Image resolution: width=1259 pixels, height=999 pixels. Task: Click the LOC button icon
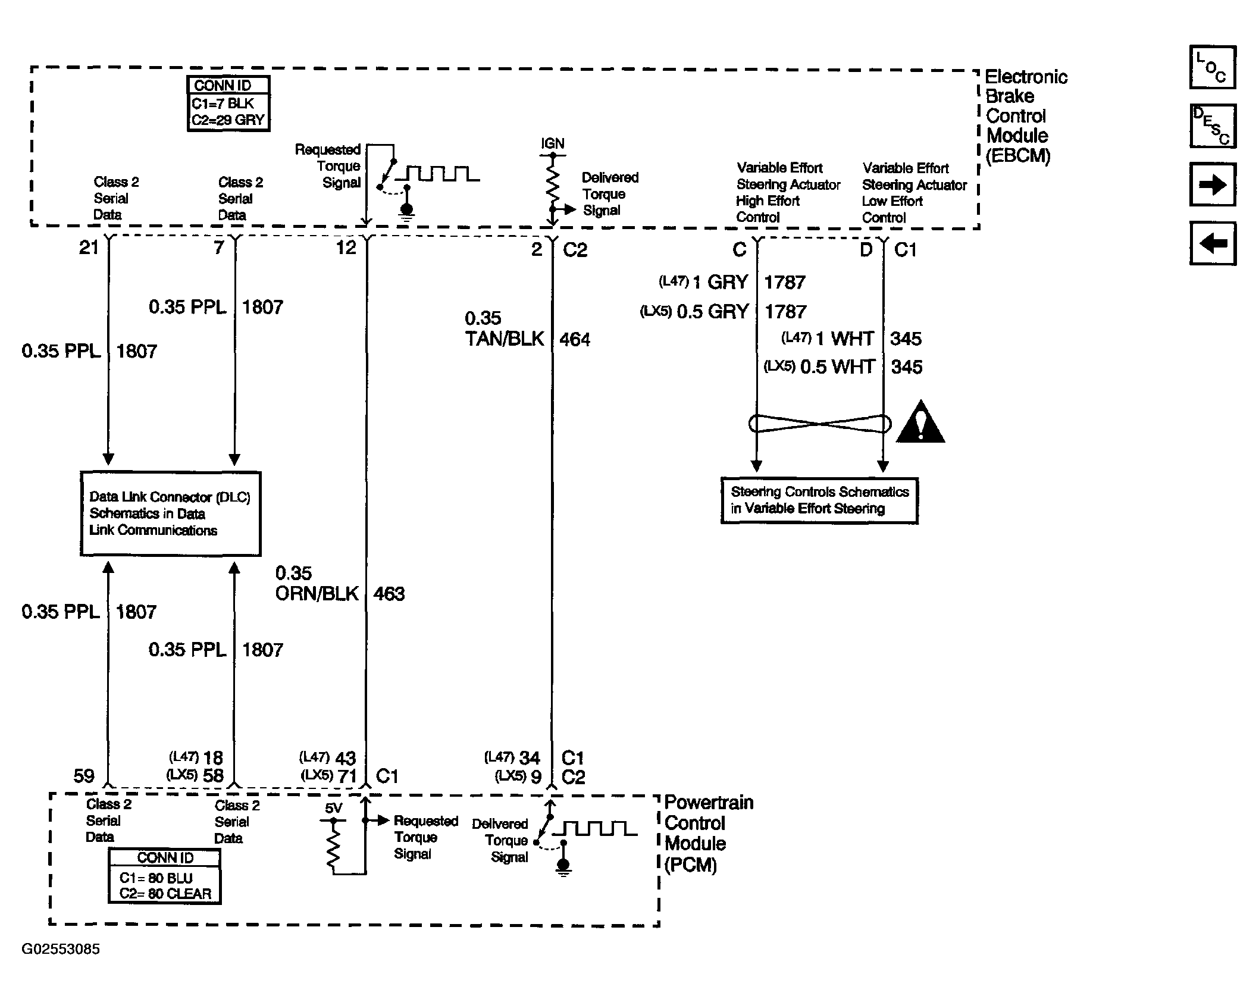(1213, 67)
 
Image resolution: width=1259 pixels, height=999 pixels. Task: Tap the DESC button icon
(1213, 126)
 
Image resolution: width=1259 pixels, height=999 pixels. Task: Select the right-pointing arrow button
(1213, 184)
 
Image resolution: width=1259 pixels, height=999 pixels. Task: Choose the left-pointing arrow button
(1213, 243)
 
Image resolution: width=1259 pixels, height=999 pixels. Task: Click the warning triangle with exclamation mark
(920, 422)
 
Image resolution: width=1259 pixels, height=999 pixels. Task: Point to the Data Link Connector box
(171, 513)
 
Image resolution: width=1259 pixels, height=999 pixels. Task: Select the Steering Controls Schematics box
(819, 500)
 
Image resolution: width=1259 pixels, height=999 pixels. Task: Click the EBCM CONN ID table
(228, 104)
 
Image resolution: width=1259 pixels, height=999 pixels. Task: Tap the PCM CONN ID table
(165, 876)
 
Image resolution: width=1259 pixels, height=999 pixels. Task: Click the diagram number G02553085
(61, 949)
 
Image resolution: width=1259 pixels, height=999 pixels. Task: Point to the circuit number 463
(389, 594)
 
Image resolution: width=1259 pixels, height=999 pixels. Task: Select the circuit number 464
(575, 340)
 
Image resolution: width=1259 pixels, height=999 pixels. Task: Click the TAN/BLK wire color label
(505, 339)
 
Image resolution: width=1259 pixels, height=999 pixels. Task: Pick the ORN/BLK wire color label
(317, 593)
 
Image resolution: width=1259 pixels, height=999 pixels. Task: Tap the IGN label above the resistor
(553, 143)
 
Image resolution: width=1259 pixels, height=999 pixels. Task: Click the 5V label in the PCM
(333, 808)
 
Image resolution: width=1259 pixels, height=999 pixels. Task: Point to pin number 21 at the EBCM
(89, 248)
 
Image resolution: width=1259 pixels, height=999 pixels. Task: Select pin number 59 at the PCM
(84, 776)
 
